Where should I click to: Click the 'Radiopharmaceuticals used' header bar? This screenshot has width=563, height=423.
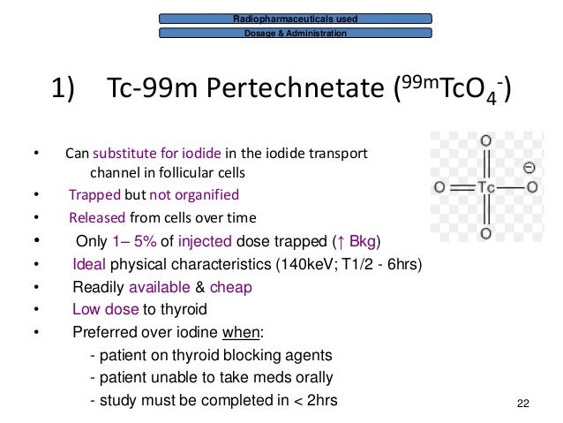point(296,18)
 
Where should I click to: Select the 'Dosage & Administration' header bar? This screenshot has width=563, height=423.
point(296,34)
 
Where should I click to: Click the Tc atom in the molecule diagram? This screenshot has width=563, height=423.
point(484,187)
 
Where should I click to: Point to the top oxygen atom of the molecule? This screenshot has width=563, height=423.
point(484,140)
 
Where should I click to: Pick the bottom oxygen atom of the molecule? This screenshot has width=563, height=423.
point(484,234)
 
